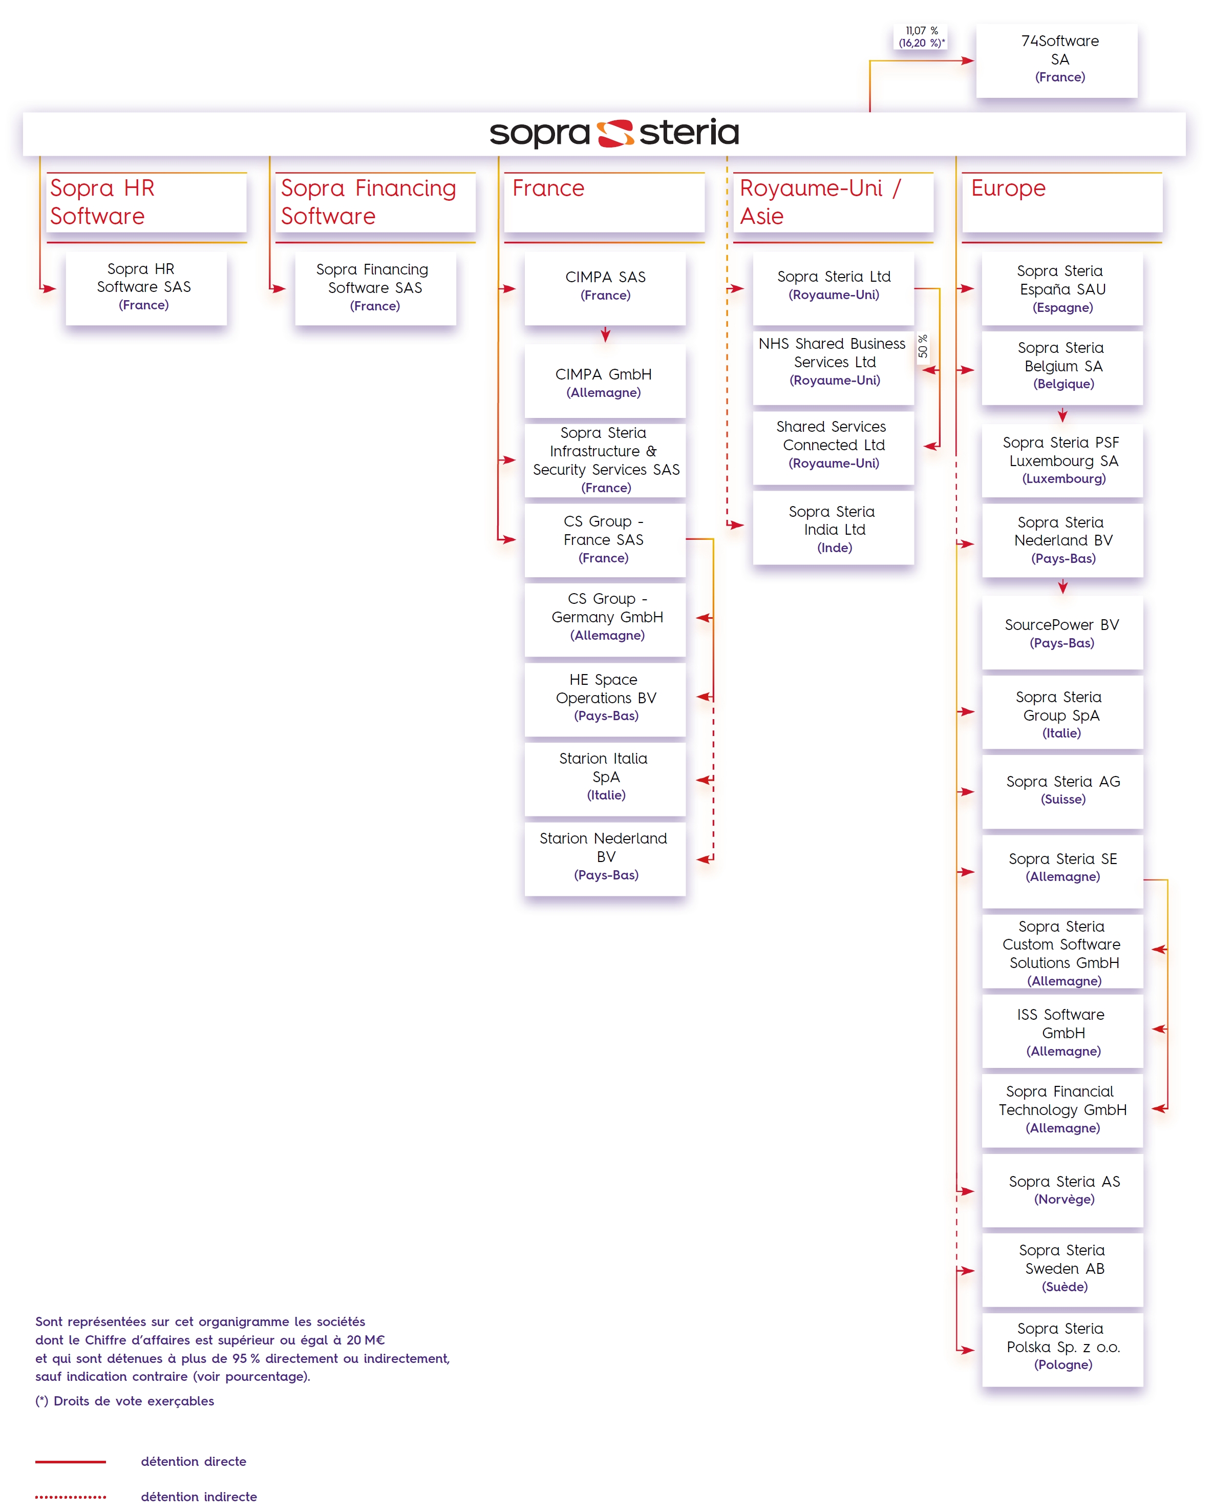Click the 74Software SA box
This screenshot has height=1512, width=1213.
1057,60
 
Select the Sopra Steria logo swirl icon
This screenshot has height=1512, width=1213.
615,133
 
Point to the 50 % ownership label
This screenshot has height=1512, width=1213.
923,346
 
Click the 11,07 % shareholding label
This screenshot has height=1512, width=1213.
921,36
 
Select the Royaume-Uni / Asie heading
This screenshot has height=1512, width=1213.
820,202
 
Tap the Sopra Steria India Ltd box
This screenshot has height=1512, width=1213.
833,528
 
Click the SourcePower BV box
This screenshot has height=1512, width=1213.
1062,633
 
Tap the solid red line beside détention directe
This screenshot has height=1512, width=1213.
70,1461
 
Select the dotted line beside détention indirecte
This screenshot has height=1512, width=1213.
70,1497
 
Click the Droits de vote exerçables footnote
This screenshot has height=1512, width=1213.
125,1400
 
